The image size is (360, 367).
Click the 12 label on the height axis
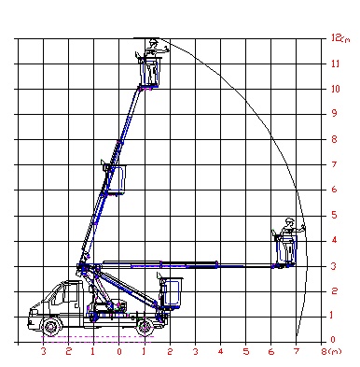coord(336,37)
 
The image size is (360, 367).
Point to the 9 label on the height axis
coord(335,113)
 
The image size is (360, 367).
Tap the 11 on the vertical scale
coord(335,64)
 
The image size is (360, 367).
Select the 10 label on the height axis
coord(336,89)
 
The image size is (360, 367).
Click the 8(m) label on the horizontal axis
coord(331,351)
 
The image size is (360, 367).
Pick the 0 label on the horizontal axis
coord(119,352)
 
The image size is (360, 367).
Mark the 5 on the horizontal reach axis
coord(246,352)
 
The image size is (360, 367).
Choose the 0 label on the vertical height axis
coord(333,340)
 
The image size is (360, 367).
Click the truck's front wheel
coord(50,327)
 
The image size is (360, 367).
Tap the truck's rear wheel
coord(144,327)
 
